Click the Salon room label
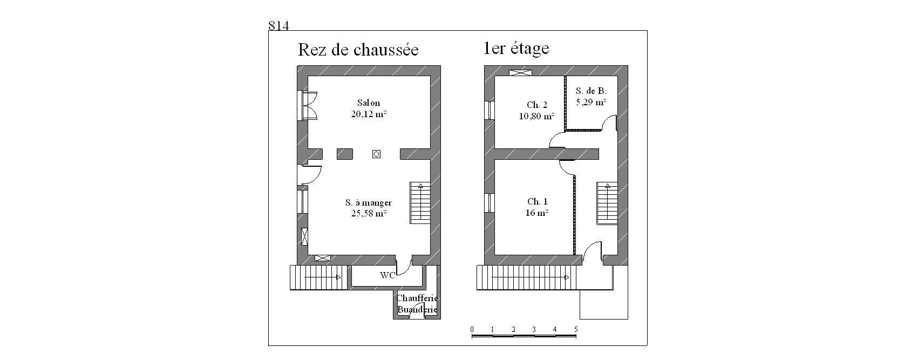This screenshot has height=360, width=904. pos(369,103)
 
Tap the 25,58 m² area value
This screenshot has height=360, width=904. pos(369,214)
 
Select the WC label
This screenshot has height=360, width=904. pos(388,275)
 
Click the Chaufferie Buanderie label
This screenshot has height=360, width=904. pos(417,304)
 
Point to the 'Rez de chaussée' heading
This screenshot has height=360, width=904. pos(358,50)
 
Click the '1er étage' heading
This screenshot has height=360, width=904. pos(516,49)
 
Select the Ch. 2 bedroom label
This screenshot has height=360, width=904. pos(537,105)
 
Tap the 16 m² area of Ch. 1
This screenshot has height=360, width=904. pos(537,213)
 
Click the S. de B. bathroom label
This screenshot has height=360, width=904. pos(591,91)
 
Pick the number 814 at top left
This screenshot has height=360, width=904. pos(278,25)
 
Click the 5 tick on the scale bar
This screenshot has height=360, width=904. pos(576,329)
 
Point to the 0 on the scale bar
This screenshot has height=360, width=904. pos(472,329)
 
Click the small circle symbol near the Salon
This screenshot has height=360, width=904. pos(376,154)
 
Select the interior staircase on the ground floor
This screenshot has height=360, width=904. pos(420,202)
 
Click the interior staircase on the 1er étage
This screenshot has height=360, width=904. pos(607,203)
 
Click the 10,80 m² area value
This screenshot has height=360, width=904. pos(536,116)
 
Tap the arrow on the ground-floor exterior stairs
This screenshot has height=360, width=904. pos(322,277)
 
